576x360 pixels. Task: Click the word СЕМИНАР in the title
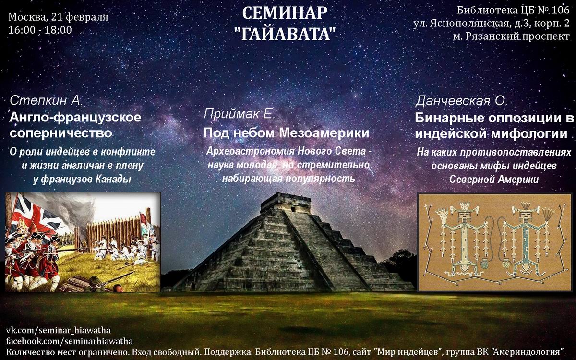(285, 13)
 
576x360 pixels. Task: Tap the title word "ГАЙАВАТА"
(286, 34)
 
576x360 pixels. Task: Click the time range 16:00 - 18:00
(40, 30)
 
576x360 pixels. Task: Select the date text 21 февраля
(80, 17)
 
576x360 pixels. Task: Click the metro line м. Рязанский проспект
(511, 36)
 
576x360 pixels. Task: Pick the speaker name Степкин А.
(46, 100)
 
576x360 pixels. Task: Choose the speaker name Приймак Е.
(239, 114)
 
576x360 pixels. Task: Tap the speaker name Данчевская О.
(461, 101)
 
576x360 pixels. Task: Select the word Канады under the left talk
(113, 179)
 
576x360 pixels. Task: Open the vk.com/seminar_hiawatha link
(58, 330)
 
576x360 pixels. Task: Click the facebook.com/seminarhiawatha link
(70, 341)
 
